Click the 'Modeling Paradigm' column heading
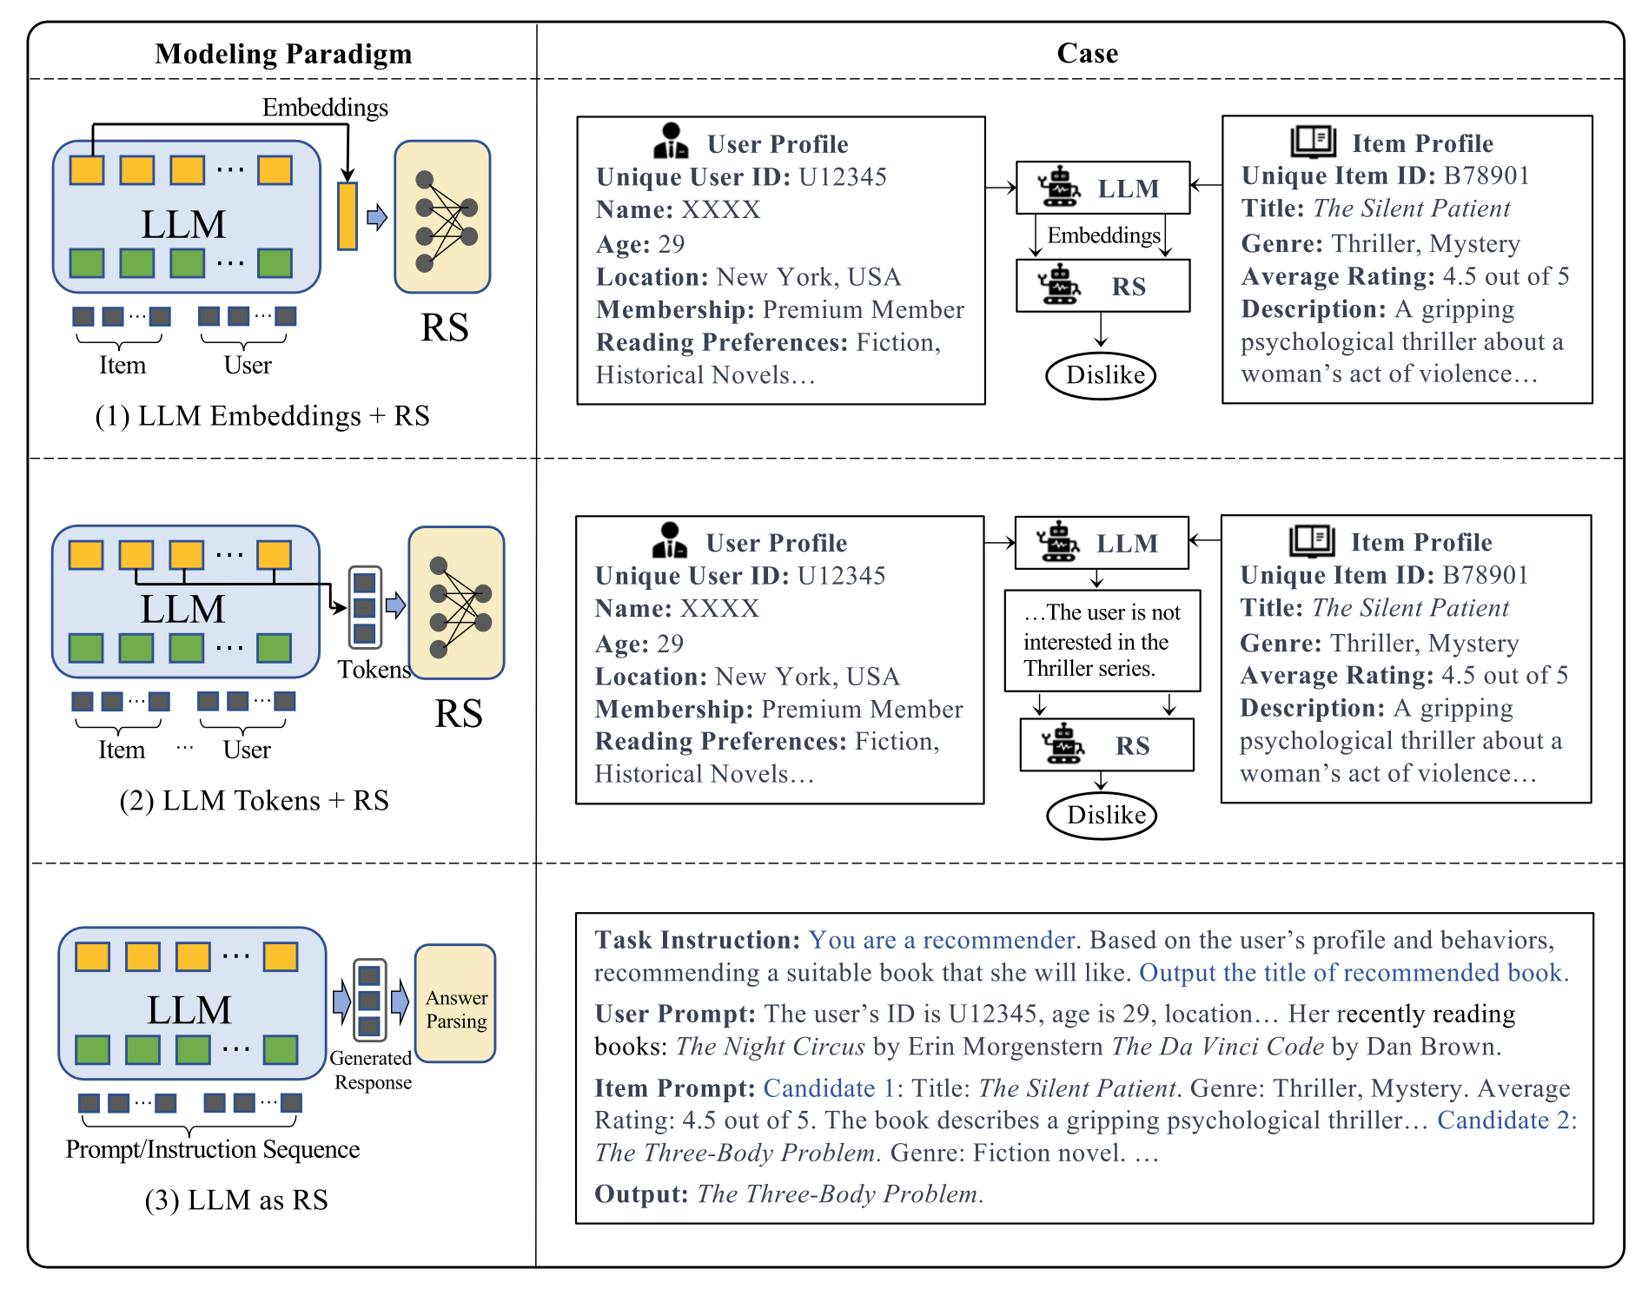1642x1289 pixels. [283, 54]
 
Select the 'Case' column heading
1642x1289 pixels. [1087, 53]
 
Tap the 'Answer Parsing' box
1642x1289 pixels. [455, 1003]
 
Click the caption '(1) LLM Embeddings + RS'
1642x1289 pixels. [262, 415]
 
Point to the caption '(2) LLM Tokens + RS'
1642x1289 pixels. [254, 800]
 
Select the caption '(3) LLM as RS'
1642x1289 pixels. [236, 1200]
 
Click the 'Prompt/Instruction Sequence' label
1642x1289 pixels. [213, 1149]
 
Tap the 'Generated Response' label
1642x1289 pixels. [373, 1070]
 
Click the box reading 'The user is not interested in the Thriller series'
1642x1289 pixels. [1102, 641]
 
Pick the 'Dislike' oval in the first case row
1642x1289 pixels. [1101, 375]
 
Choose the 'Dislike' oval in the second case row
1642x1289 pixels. [1102, 815]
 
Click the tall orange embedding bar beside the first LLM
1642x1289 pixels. [348, 216]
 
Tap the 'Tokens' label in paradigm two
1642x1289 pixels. [374, 669]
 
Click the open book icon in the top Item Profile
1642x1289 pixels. [1313, 142]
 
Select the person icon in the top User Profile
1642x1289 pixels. [670, 141]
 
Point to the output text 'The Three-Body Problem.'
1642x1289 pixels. [840, 1193]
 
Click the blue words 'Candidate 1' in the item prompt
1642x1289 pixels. [829, 1087]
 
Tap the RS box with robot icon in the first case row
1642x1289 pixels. [1103, 286]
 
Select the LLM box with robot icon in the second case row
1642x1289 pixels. [1102, 543]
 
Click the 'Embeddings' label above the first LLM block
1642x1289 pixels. [325, 108]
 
